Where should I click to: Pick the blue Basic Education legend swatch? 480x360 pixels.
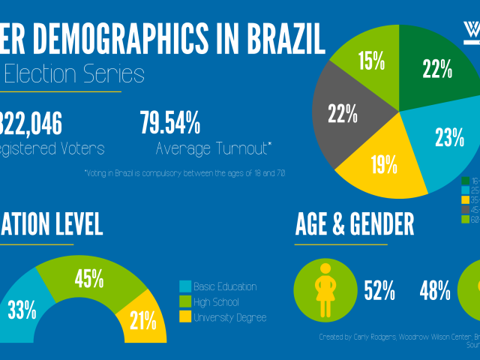[185, 287]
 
